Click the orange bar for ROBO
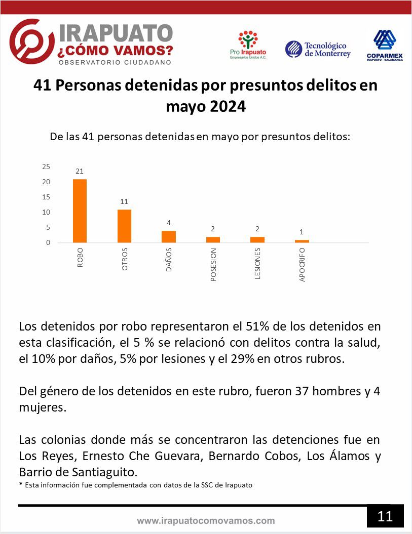pyautogui.click(x=80, y=211)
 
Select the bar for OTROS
pyautogui.click(x=125, y=226)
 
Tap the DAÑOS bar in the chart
pyautogui.click(x=169, y=237)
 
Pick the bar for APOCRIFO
pyautogui.click(x=302, y=241)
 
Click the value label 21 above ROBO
pyautogui.click(x=80, y=171)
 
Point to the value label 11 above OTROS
pyautogui.click(x=124, y=201)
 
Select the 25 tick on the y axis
pyautogui.click(x=46, y=167)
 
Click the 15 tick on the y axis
pyautogui.click(x=46, y=197)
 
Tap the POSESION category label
pyautogui.click(x=213, y=265)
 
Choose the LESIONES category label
pyautogui.click(x=257, y=264)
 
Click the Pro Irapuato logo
pyautogui.click(x=248, y=45)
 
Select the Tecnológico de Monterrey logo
pyautogui.click(x=318, y=50)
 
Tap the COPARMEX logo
pyautogui.click(x=385, y=45)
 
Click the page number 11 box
pyautogui.click(x=386, y=516)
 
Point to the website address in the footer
pyautogui.click(x=206, y=521)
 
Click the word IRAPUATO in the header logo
pyautogui.click(x=116, y=33)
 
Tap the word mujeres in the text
pyautogui.click(x=43, y=407)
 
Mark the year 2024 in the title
pyautogui.click(x=228, y=107)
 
